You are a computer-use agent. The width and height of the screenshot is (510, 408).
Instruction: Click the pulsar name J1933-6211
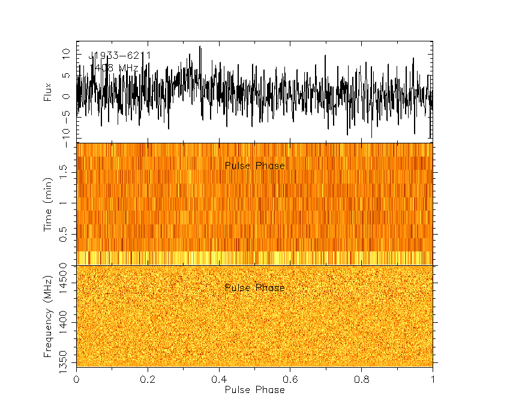(119, 56)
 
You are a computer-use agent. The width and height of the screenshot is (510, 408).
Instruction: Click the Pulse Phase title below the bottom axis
(254, 390)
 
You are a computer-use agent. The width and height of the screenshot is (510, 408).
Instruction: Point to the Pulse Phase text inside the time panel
(254, 166)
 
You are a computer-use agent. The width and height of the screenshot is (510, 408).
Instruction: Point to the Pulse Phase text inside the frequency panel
(254, 288)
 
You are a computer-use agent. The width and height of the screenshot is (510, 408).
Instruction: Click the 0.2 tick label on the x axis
(148, 380)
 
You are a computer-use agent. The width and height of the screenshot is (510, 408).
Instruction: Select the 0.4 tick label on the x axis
(219, 380)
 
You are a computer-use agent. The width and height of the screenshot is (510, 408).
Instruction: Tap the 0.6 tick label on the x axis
(290, 380)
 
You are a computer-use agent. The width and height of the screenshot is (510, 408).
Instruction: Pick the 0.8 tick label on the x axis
(362, 380)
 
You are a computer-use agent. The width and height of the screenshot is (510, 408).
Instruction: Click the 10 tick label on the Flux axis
(67, 53)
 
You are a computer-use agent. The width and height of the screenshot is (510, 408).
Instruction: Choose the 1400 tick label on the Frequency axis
(67, 323)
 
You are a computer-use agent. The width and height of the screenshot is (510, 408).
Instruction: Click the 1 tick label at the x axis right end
(433, 380)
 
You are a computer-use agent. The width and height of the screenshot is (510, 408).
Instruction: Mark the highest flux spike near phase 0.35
(200, 47)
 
